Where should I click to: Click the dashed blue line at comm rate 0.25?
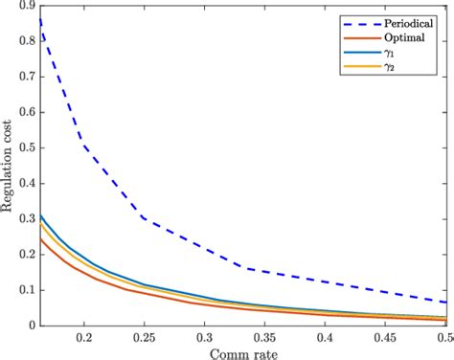(145, 219)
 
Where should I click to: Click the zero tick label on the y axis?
(29, 326)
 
